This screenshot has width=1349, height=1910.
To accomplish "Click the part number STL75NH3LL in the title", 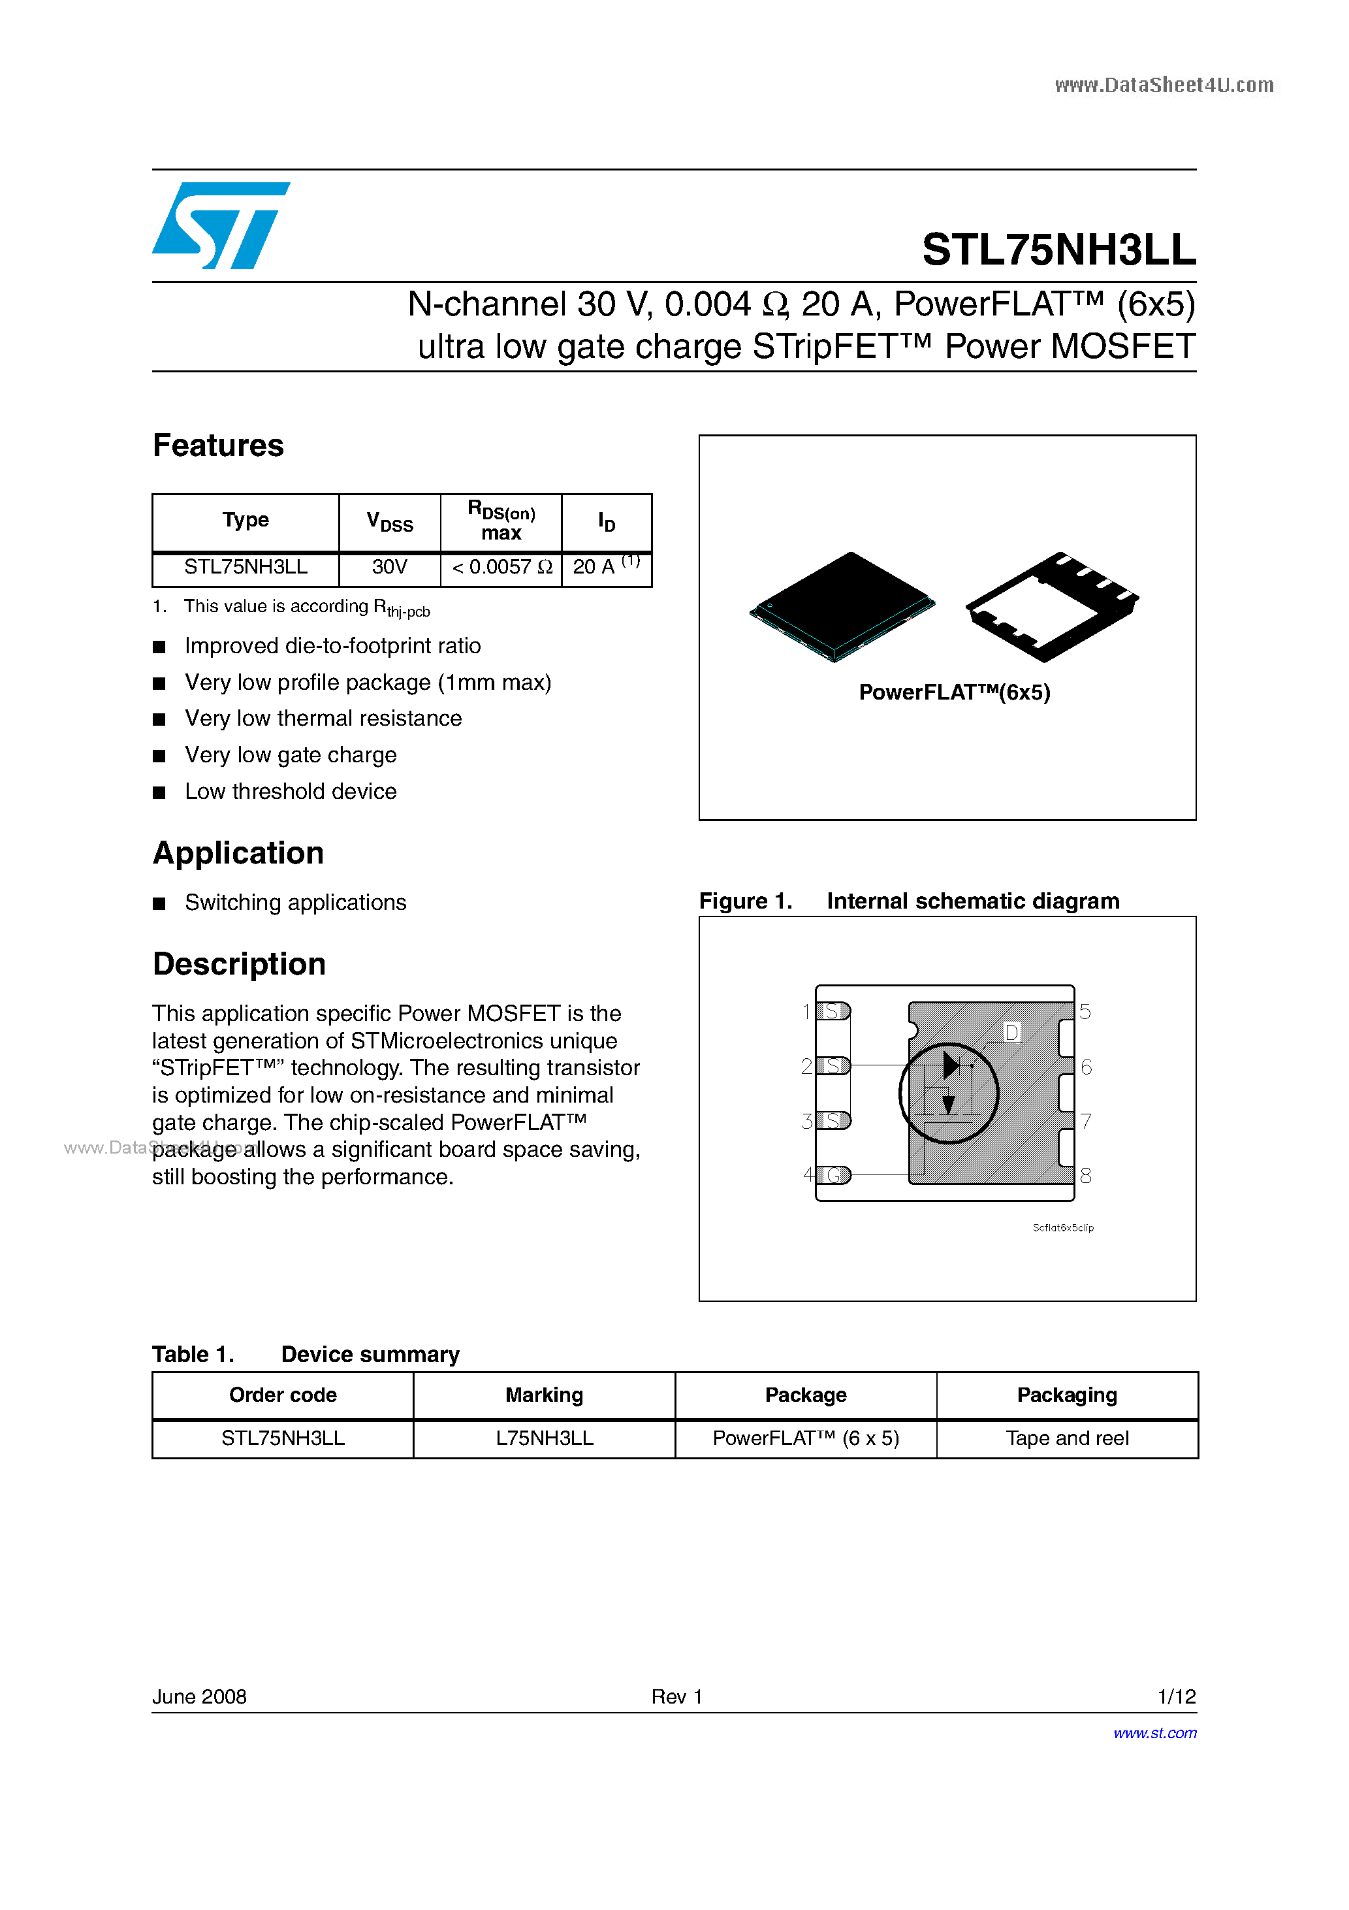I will point(1058,250).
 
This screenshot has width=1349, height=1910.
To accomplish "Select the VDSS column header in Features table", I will point(389,523).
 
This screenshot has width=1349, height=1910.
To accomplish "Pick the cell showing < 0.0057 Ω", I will point(501,568).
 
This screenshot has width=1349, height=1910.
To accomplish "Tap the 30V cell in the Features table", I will point(389,568).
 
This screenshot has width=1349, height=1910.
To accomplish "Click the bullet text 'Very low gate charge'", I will point(291,755).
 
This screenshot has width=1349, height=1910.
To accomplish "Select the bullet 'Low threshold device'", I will point(291,792).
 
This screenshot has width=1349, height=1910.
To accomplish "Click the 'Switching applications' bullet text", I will point(295,903).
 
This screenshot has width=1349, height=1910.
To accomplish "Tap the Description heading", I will point(239,964).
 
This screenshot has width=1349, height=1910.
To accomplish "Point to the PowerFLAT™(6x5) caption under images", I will point(954,693).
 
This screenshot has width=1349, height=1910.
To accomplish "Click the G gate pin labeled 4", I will point(833,1174).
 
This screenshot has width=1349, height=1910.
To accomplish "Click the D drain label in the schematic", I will point(1011,1032).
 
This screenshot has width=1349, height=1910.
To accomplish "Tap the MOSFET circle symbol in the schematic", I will point(949,1093).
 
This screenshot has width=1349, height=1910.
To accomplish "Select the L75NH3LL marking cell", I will point(544,1438).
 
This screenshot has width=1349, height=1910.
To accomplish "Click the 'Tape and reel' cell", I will point(1066,1438).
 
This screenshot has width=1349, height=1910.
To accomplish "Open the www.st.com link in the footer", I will point(1154,1733).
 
